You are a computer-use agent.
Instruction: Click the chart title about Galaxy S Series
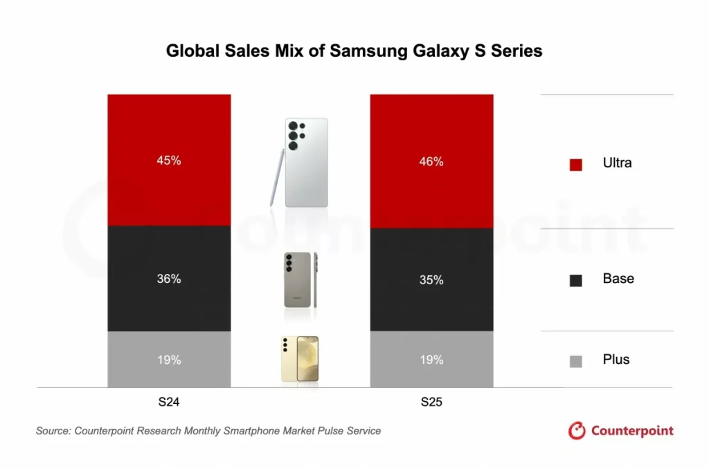354,51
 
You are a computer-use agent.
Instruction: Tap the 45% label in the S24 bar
169,160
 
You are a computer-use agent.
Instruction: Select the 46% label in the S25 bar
431,162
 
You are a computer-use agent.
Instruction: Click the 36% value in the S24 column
169,279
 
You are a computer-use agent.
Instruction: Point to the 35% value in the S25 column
431,280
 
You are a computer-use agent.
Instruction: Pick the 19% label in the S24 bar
169,360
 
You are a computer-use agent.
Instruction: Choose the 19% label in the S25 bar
431,360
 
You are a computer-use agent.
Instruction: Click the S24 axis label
169,403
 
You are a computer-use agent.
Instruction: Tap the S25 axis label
431,403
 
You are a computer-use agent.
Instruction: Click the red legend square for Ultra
575,165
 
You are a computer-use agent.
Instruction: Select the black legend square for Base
575,280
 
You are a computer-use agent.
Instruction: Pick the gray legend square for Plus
575,360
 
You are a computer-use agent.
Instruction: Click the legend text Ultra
617,163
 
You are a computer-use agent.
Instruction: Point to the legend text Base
618,279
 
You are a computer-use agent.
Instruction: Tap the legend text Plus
616,360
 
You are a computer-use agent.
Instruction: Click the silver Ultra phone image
307,162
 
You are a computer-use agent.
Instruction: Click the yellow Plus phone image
300,359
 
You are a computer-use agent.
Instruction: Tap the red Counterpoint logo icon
577,431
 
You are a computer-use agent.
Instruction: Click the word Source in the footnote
54,431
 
